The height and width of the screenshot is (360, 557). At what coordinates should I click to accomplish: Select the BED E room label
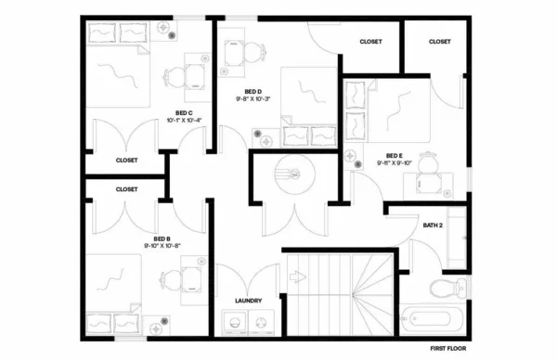[395, 155]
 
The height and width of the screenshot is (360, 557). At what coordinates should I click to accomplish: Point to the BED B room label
[162, 238]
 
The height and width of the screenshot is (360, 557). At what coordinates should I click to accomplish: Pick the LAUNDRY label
[248, 301]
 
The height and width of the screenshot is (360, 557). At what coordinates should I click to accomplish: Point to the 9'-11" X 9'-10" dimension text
[395, 162]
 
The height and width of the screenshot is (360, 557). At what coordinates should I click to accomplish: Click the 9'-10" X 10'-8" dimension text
[162, 246]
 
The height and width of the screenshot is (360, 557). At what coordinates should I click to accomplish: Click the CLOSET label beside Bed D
[370, 42]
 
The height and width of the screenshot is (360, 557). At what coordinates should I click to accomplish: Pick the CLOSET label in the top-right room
[439, 42]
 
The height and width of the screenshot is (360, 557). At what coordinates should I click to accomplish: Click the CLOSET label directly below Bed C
[126, 160]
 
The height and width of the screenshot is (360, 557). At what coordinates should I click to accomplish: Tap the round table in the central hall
[290, 174]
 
